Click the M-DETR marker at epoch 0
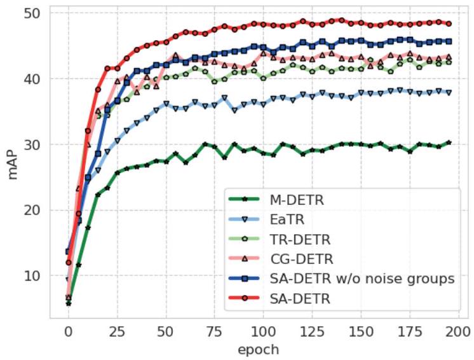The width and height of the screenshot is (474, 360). [68, 303]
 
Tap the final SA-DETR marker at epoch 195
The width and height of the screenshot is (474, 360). [449, 24]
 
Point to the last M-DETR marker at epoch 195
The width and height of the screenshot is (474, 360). [449, 142]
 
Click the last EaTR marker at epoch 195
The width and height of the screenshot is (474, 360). [449, 92]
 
